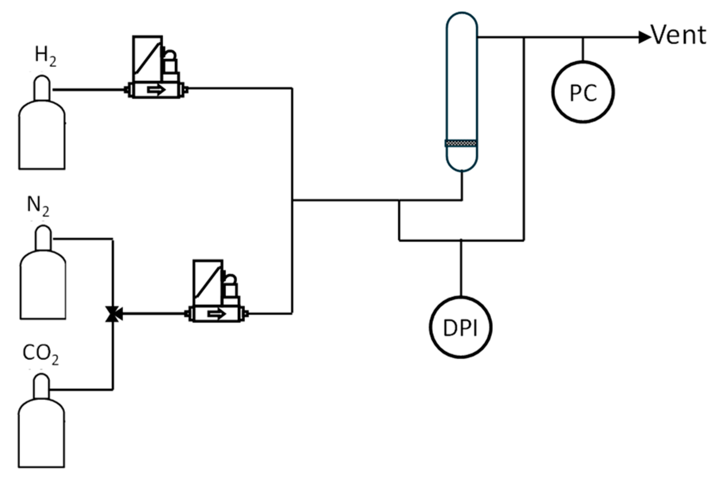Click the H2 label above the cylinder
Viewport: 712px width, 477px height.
click(45, 56)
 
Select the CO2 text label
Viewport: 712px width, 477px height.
click(41, 354)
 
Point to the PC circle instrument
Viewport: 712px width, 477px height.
click(583, 93)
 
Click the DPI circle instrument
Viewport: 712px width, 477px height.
click(460, 327)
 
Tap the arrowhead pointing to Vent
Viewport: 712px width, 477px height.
click(644, 38)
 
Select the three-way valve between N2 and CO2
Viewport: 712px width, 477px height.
click(113, 314)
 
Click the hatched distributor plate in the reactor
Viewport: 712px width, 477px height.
click(462, 143)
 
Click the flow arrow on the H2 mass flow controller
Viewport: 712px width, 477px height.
click(156, 90)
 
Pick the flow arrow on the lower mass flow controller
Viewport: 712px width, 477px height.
click(217, 314)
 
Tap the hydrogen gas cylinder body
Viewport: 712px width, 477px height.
click(42, 137)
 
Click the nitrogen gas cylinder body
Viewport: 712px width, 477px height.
click(42, 287)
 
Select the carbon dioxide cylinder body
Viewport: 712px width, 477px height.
click(41, 436)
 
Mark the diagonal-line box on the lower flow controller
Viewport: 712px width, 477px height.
click(208, 278)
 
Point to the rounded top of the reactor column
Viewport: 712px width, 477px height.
click(462, 22)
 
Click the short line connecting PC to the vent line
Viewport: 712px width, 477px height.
click(583, 49)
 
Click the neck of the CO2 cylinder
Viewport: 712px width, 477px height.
click(41, 387)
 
